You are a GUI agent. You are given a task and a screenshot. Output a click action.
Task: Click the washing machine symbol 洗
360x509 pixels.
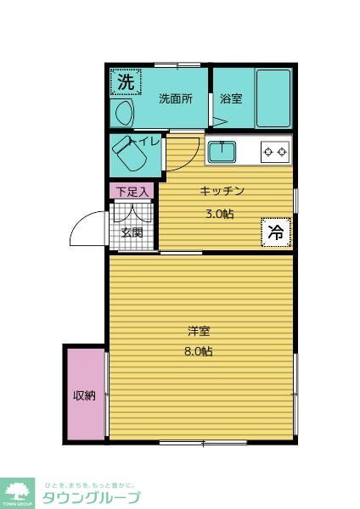point(125,82)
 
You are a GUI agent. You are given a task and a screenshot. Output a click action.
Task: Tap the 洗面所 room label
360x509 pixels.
point(176,98)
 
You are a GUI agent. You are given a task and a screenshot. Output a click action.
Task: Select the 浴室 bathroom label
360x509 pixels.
point(231,98)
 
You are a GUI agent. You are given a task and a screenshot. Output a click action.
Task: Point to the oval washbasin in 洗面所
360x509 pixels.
point(121,113)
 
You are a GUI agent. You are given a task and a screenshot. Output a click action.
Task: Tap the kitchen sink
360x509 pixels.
point(222,152)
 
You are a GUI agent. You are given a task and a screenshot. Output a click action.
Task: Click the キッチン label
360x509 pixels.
point(222,191)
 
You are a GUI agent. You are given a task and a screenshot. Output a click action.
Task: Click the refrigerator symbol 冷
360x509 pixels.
point(276,231)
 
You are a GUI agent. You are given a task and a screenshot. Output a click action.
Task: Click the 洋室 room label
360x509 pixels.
point(201,331)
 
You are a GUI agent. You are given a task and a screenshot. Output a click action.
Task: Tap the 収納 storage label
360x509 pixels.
point(84,395)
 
